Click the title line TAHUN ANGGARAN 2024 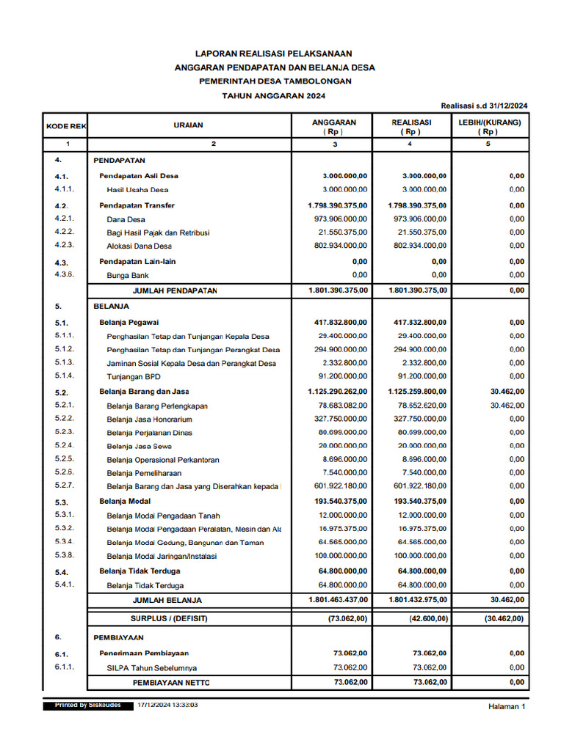point(275,95)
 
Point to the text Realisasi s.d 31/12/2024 point(484,106)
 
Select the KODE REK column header point(66,126)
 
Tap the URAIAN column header point(189,125)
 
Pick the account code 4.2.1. point(64,219)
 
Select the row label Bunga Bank point(128,275)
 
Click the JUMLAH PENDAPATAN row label point(175,291)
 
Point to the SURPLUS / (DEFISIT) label point(170,618)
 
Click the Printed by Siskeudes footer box point(88,705)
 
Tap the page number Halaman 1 point(507,707)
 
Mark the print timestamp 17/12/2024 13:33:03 point(167,705)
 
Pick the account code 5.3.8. point(64,555)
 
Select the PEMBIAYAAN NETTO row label point(171,683)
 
